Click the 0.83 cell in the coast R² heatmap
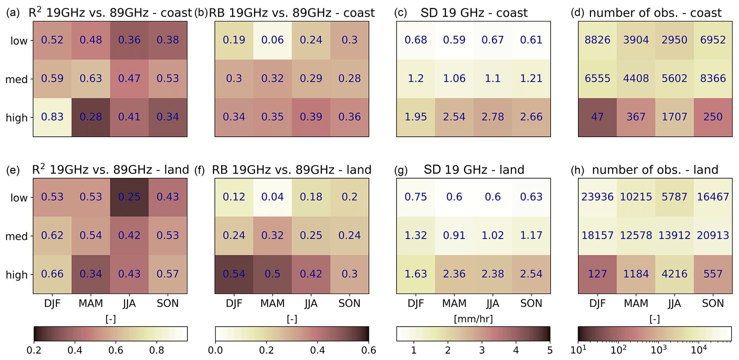52,117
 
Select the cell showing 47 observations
597,117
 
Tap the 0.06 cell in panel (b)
272,40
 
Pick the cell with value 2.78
493,117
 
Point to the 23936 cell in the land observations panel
597,197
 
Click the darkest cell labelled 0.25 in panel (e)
129,197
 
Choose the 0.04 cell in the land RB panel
272,197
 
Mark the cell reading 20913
713,235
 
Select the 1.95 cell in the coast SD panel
415,117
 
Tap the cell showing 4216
674,274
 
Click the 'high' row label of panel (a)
16,118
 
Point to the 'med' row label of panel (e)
16,236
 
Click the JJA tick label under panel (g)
493,304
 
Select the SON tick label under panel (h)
713,304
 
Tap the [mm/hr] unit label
473,319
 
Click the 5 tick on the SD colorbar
550,350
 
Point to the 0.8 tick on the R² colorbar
157,350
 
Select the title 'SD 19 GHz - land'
474,169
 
